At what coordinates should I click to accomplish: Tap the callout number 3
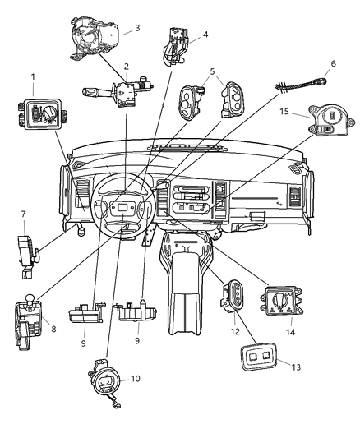[x=136, y=27]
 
